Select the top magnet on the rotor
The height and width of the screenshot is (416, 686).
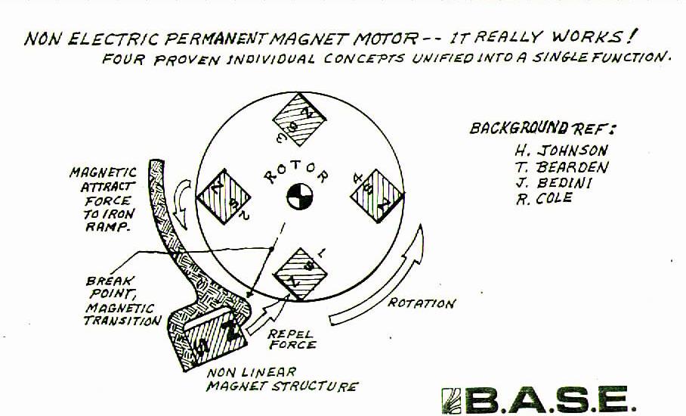tap(300, 119)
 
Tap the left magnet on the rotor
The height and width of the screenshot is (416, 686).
tap(224, 197)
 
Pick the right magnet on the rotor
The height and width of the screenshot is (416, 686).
tap(377, 196)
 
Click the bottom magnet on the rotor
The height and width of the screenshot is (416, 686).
tap(300, 275)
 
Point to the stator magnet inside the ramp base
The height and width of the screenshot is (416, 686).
tap(215, 336)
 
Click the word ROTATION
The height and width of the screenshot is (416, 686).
tap(422, 303)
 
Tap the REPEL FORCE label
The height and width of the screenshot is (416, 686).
tap(292, 340)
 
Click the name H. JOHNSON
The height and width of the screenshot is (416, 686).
tap(561, 151)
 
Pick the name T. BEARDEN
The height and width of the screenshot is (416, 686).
tap(562, 167)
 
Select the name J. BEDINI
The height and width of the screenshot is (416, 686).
tap(554, 182)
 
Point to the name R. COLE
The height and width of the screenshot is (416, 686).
tap(544, 198)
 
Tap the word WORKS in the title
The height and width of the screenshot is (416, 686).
tap(587, 36)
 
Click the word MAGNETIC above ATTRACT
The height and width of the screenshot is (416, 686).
tap(104, 172)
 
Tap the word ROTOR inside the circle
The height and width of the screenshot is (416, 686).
tap(296, 172)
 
